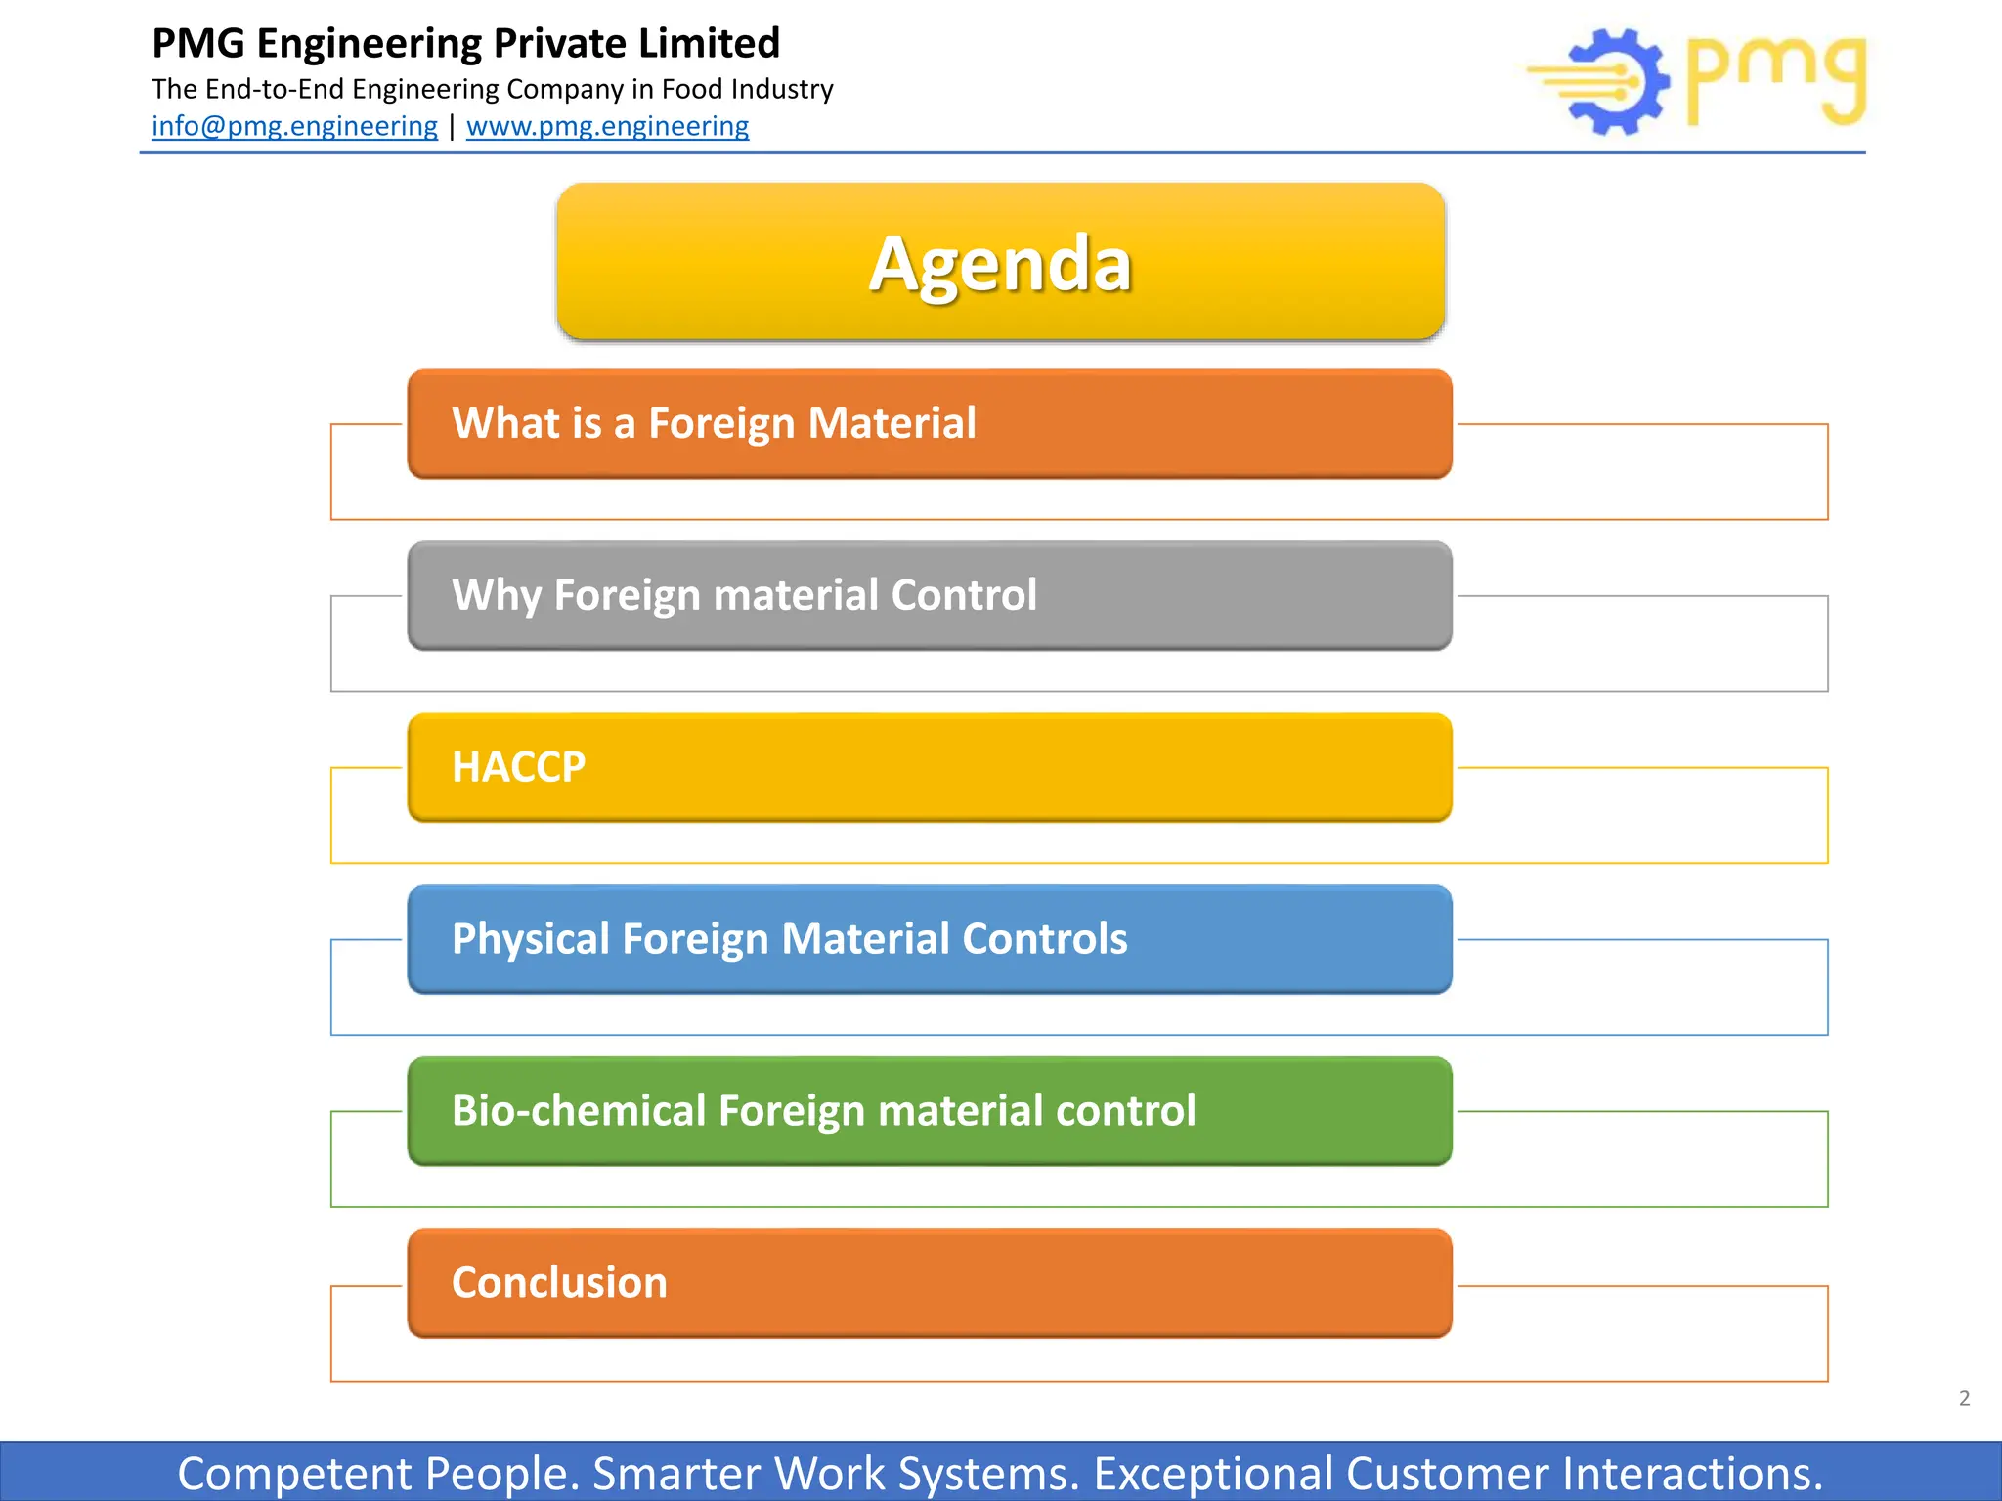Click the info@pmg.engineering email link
(x=294, y=126)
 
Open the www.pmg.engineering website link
(x=607, y=126)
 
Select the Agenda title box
(x=1000, y=262)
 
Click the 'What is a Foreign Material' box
(x=929, y=424)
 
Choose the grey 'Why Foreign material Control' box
(x=929, y=595)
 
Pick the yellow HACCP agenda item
(x=929, y=767)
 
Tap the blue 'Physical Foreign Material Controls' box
(x=929, y=939)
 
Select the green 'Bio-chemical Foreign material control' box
(x=929, y=1111)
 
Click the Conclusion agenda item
(x=929, y=1283)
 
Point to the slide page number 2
(x=1964, y=1398)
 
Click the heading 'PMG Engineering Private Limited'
(x=465, y=44)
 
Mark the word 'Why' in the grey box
(x=496, y=595)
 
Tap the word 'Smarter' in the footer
(x=675, y=1474)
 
